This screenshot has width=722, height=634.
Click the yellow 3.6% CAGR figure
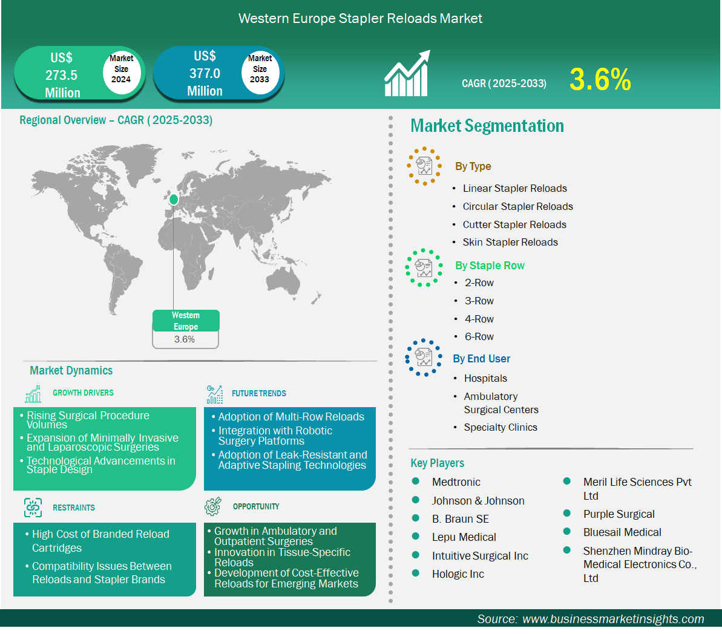600,79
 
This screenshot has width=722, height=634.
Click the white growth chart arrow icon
407,73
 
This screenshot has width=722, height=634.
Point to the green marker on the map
174,200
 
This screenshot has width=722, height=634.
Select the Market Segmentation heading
487,126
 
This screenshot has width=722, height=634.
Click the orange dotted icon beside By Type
424,166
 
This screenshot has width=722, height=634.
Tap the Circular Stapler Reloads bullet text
517,206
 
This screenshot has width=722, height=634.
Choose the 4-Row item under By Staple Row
479,319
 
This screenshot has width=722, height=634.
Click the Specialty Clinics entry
500,427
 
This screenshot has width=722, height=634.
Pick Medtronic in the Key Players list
456,482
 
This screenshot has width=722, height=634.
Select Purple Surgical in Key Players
619,514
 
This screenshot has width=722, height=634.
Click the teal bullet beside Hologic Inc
416,574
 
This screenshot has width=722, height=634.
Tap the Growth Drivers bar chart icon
33,394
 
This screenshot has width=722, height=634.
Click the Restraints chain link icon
33,508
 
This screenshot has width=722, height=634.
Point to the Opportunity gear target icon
213,506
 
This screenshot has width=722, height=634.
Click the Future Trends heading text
259,393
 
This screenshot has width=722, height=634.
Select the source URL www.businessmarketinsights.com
613,619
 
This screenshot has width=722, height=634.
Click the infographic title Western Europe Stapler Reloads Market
361,18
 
